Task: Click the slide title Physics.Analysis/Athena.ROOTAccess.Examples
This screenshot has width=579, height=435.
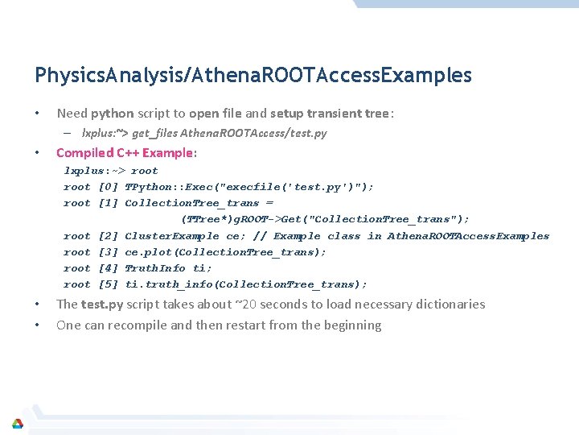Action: coord(253,76)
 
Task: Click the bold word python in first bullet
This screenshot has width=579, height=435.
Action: coord(112,114)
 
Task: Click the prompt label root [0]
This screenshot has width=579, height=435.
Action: coord(91,187)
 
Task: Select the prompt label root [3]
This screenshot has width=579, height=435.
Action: coord(91,252)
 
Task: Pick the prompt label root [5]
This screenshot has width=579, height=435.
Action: coord(91,284)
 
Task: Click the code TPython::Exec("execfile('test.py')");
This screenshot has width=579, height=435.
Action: coord(249,187)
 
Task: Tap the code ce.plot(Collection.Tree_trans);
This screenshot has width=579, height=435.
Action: coord(226,252)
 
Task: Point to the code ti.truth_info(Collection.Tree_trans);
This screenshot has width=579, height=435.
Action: coord(246,284)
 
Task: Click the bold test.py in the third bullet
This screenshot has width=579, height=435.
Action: coord(101,304)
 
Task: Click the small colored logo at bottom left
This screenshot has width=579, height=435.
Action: coord(17,424)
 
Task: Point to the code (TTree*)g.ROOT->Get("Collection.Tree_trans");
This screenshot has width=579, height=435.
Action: coord(326,219)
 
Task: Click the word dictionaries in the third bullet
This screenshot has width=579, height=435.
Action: coord(454,304)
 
